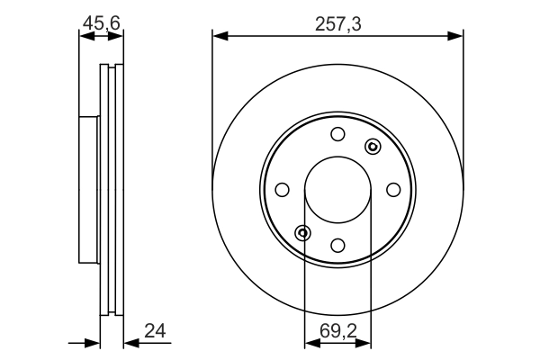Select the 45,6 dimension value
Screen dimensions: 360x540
tap(101, 22)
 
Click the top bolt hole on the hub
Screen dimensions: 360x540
tap(337, 135)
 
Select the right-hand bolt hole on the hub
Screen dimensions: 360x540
tap(393, 189)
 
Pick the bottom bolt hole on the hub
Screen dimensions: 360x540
tap(337, 245)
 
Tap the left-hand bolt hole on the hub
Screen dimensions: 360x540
tap(282, 189)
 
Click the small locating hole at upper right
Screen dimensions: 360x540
tap(372, 147)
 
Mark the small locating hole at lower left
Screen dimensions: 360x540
tap(303, 233)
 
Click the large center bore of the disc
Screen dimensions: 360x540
tap(337, 190)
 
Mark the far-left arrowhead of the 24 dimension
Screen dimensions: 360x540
tap(92, 342)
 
